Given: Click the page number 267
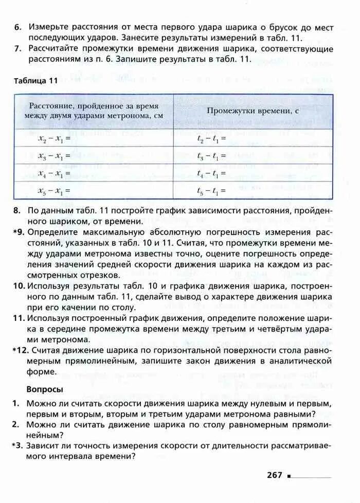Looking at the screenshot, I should coord(275,475).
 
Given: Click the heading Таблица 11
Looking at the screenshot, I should coord(36,81).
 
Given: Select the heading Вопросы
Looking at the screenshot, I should coord(45,389).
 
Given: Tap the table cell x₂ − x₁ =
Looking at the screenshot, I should coord(54,138).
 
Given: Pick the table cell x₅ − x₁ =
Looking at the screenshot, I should coord(54,191).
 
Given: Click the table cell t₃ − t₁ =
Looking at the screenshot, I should coord(211,156).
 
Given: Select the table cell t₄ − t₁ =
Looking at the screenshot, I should coord(211,174).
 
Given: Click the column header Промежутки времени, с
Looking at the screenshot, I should coord(253,111).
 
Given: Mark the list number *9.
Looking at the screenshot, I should coord(19,232).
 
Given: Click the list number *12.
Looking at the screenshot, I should coord(21,350).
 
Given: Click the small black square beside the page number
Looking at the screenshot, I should coord(290,476).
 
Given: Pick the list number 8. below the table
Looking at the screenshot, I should coord(17,211).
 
